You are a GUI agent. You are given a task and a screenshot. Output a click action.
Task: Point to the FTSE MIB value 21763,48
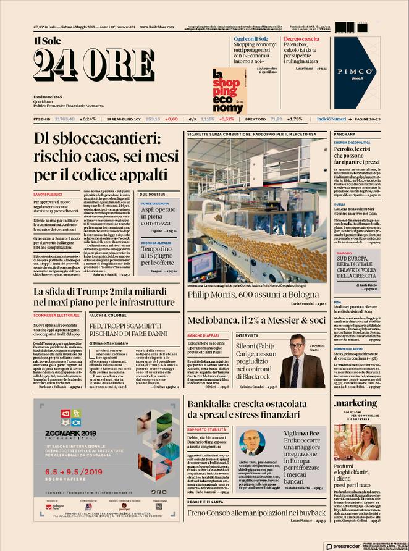click(x=64, y=119)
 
